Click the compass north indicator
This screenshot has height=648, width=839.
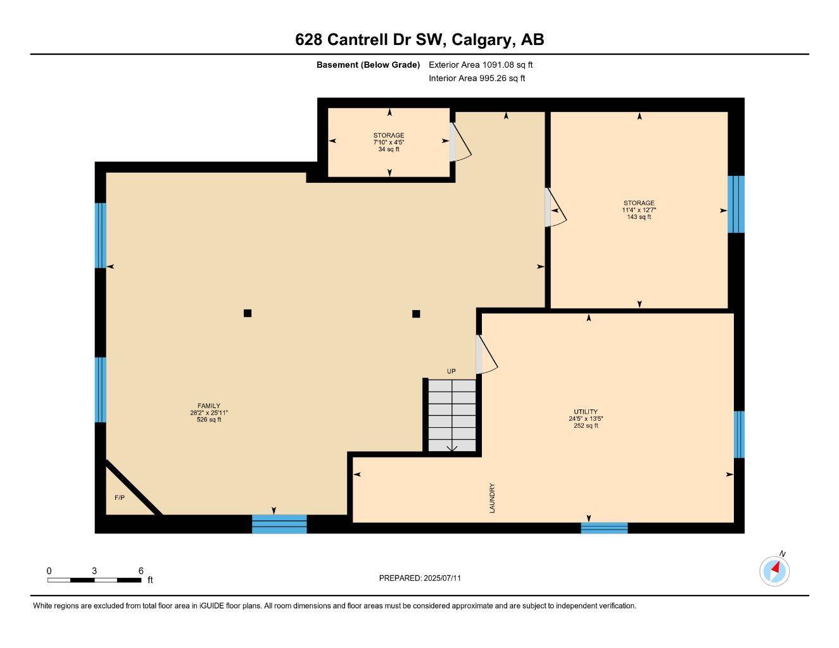point(774,571)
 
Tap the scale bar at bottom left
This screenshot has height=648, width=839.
point(94,580)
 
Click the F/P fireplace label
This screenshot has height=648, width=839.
point(120,498)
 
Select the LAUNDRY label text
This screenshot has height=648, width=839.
point(492,498)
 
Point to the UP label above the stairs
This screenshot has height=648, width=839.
point(451,371)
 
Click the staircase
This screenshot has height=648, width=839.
point(451,416)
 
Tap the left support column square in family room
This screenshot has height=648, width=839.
point(248,313)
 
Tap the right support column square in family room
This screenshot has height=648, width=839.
point(416,314)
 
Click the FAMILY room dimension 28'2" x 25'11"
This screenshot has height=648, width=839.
point(209,413)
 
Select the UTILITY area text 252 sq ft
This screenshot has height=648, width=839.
point(586,426)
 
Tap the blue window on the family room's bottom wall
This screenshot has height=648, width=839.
point(279,524)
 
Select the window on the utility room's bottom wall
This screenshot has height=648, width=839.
point(604,528)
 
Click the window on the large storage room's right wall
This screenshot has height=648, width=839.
point(736,204)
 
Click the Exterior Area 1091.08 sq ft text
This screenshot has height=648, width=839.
point(481,65)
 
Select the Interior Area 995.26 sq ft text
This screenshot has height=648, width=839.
point(477,78)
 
